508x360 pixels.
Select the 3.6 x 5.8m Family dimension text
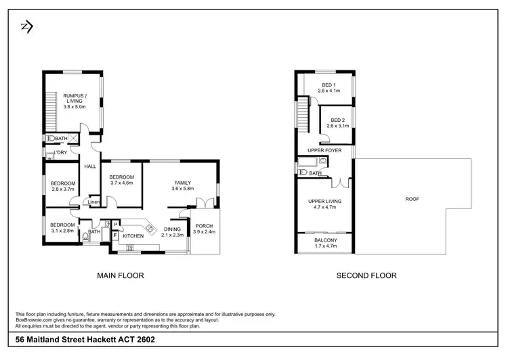pyautogui.click(x=183, y=189)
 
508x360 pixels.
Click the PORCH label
pyautogui.click(x=204, y=226)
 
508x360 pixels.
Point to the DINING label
pyautogui.click(x=173, y=229)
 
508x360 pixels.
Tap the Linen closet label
pyautogui.click(x=94, y=202)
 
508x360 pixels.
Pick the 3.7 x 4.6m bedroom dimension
pyautogui.click(x=123, y=183)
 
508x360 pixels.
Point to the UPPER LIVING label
pyautogui.click(x=324, y=201)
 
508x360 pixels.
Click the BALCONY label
pyautogui.click(x=326, y=240)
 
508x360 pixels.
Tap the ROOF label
pyautogui.click(x=412, y=199)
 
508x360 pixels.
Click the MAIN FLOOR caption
pyautogui.click(x=121, y=275)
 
